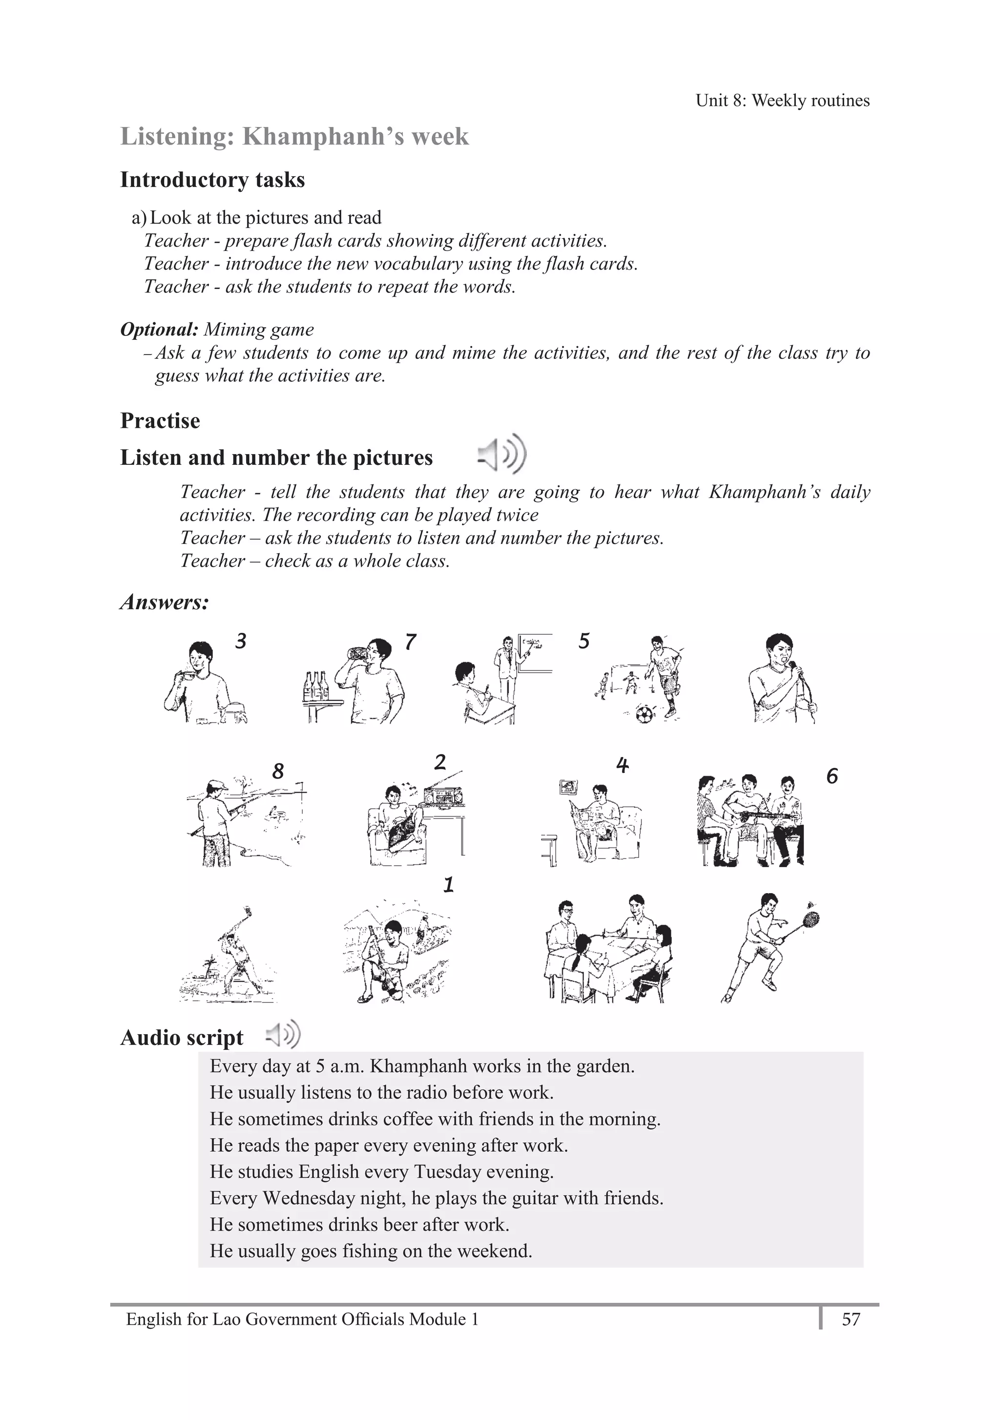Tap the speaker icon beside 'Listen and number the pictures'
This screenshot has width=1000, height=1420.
tap(502, 455)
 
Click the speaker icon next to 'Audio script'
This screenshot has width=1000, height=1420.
tap(283, 1035)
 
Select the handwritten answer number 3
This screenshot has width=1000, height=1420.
tap(241, 641)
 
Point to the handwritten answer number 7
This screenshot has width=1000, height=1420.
tap(411, 642)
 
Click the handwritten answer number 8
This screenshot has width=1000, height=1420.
tap(278, 771)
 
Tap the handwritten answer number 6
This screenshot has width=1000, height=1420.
tap(832, 776)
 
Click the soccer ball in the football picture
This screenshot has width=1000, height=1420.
tap(644, 715)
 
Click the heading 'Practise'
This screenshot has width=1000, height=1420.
tap(160, 420)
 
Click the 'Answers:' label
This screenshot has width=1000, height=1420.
tap(165, 602)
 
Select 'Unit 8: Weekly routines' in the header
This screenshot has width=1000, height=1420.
tap(782, 100)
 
